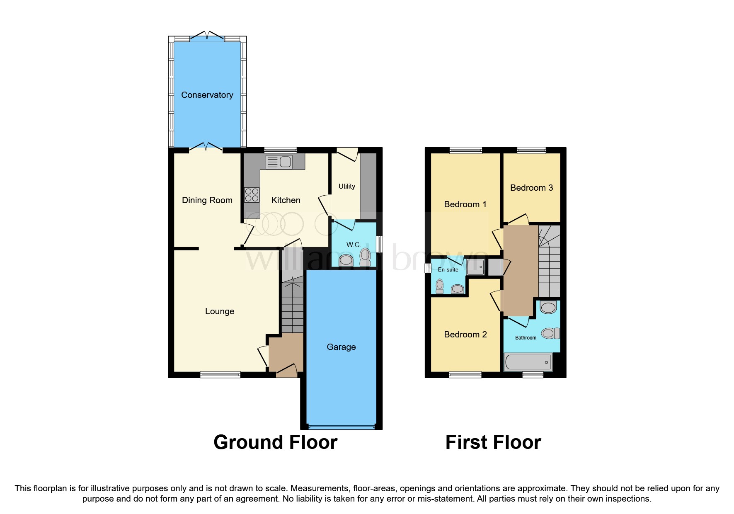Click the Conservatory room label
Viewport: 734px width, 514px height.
point(207,95)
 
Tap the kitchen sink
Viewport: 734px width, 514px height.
point(279,162)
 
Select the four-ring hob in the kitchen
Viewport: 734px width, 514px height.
point(252,195)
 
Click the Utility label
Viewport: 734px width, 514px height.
point(346,186)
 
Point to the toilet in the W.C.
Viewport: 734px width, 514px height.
point(365,257)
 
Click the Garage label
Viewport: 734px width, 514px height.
point(341,347)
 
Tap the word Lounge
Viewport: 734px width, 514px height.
point(220,311)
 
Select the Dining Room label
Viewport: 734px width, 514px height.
point(207,200)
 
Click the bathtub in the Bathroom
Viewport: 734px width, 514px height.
point(528,362)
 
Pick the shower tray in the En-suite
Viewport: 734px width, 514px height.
point(475,267)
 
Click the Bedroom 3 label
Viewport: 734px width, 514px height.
point(531,188)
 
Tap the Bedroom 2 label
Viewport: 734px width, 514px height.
point(465,335)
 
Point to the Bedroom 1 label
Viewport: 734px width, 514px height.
point(465,204)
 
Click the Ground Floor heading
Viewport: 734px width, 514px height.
point(275,442)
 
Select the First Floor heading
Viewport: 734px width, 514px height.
point(493,442)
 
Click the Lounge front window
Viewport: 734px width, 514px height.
point(220,375)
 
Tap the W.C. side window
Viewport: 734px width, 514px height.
point(379,244)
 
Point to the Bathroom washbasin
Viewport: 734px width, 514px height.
point(548,308)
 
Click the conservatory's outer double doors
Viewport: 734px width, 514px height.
point(207,37)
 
